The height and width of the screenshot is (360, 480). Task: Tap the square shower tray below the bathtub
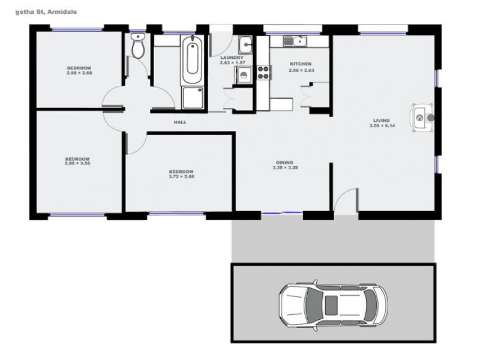[x=192, y=97]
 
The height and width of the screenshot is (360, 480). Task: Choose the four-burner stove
[x=263, y=73]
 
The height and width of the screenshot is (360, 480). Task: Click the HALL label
[x=180, y=122]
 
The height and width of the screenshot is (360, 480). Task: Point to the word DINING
[x=284, y=162]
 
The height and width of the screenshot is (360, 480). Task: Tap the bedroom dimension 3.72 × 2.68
[x=181, y=176]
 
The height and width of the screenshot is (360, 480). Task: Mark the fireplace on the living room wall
[x=422, y=116]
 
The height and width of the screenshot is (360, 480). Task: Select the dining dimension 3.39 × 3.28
[x=284, y=167]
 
